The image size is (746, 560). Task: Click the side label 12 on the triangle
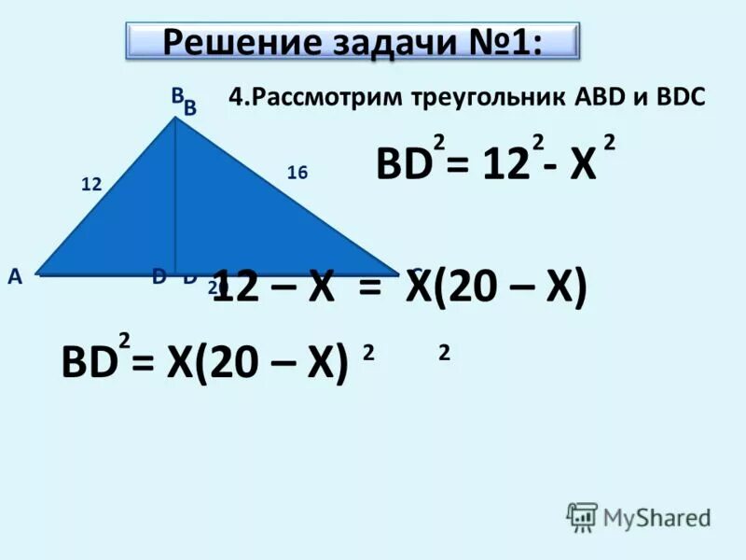click(x=90, y=185)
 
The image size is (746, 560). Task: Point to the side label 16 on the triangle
click(x=297, y=173)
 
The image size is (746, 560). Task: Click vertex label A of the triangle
click(x=14, y=276)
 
